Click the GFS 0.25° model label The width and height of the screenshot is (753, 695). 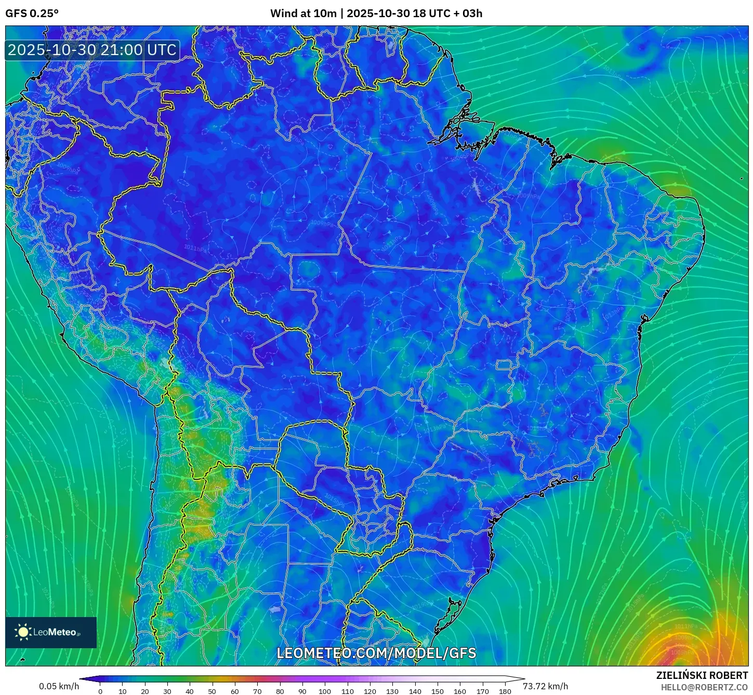coord(32,14)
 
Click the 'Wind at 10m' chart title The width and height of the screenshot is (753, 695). coord(303,14)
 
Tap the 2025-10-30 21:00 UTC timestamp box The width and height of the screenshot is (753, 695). coord(92,50)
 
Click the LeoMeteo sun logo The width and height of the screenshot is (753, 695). coord(23,632)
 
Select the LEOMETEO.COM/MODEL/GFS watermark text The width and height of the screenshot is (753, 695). coord(376,653)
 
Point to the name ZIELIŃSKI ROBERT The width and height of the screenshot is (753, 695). coord(702,675)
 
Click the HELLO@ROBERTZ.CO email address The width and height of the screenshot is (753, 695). coord(704,687)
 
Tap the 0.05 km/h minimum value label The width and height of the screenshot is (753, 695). coord(59,686)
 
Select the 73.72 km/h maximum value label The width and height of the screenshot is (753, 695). coord(545,686)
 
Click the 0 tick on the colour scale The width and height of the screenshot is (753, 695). coord(100,691)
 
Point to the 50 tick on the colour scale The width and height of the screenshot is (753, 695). coord(212,691)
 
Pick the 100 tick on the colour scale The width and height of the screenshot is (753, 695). coord(325,691)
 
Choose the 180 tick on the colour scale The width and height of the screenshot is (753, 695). coord(505,691)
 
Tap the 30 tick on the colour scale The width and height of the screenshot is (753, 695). coord(167,691)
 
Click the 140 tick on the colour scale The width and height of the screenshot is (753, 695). coord(415,691)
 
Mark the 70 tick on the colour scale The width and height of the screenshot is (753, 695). coord(257,691)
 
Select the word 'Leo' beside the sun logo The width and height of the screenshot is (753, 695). coord(41,632)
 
